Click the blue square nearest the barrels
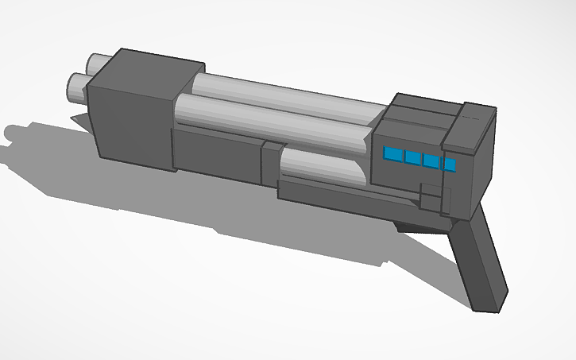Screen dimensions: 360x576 (393, 154)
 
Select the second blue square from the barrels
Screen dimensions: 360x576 (412, 157)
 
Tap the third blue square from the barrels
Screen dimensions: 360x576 (431, 161)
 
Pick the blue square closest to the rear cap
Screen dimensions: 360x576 (450, 165)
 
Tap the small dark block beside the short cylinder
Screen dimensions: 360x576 (271, 163)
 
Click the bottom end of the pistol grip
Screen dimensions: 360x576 (489, 302)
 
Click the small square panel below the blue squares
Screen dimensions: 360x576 (430, 199)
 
